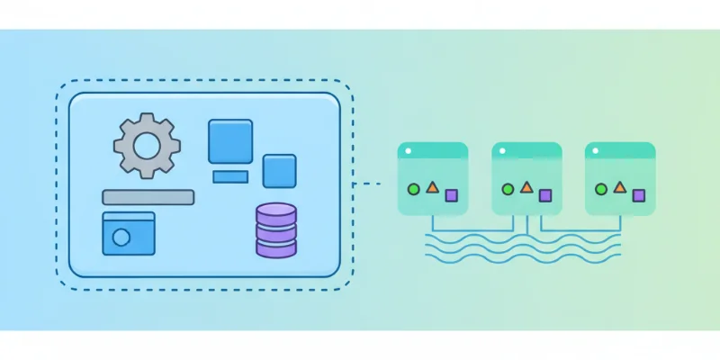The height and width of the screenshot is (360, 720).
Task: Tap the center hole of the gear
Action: click(147, 144)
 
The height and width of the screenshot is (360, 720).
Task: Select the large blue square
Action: click(230, 141)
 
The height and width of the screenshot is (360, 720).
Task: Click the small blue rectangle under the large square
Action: click(230, 176)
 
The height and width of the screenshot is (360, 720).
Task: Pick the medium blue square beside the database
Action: click(279, 170)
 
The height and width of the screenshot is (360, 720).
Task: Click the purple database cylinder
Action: click(275, 230)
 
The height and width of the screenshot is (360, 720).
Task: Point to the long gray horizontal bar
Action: click(148, 197)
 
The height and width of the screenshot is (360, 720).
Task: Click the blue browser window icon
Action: click(128, 234)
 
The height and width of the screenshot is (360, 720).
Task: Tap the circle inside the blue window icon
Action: click(121, 238)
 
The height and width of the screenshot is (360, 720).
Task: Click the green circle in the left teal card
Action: click(414, 189)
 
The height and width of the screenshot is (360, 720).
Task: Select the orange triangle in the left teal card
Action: click(432, 187)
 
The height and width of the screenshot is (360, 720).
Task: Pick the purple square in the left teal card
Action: click(451, 194)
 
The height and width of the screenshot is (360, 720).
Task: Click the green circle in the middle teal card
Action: click(508, 189)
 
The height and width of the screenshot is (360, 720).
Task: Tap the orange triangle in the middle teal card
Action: click(526, 187)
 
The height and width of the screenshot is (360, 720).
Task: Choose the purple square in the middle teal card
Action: click(544, 194)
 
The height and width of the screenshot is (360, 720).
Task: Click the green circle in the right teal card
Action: click(601, 189)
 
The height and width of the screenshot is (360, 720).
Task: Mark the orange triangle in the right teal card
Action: click(619, 187)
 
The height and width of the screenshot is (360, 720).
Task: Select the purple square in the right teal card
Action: click(638, 194)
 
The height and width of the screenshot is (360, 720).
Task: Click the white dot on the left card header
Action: click(408, 150)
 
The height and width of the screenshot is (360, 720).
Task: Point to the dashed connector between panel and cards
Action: click(367, 184)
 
